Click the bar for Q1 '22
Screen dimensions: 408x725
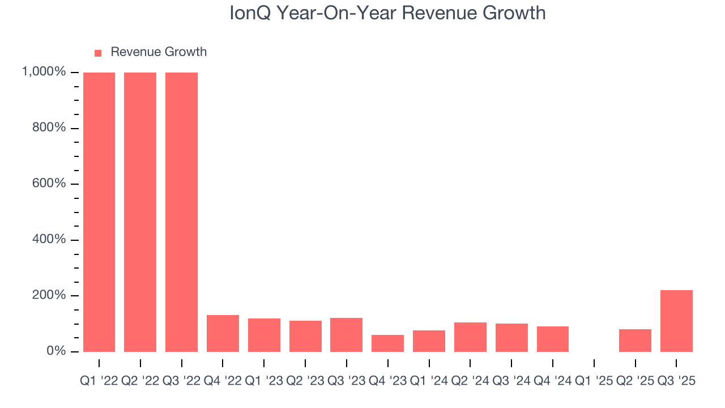pyautogui.click(x=99, y=212)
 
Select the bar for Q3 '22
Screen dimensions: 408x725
pyautogui.click(x=181, y=212)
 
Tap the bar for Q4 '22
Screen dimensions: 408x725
pyautogui.click(x=223, y=333)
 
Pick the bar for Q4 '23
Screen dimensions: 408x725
pyautogui.click(x=388, y=343)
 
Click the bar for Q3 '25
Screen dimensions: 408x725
pyautogui.click(x=676, y=321)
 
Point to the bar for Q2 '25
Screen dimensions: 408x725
pyautogui.click(x=635, y=341)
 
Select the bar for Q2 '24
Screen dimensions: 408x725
pyautogui.click(x=470, y=337)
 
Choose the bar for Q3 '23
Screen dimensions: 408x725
pyautogui.click(x=347, y=335)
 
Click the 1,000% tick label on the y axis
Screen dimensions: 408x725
pyautogui.click(x=44, y=72)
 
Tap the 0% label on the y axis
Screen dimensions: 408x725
pyautogui.click(x=58, y=351)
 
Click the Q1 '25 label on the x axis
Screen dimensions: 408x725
pyautogui.click(x=594, y=381)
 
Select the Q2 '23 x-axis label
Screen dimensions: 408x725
pyautogui.click(x=305, y=381)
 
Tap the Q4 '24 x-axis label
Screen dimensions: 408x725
pyautogui.click(x=553, y=381)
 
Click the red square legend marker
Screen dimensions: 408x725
pyautogui.click(x=98, y=53)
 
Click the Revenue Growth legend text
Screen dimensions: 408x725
pyautogui.click(x=159, y=52)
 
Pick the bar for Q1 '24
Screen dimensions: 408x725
pyautogui.click(x=429, y=341)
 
